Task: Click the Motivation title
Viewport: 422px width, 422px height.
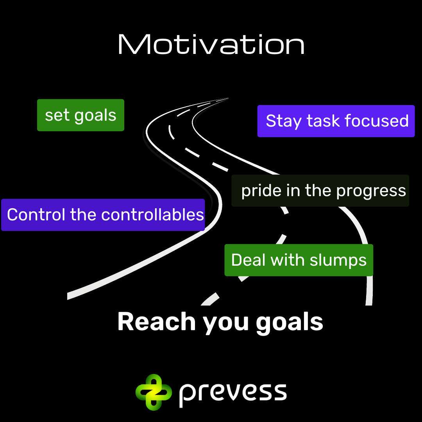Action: pos(211,44)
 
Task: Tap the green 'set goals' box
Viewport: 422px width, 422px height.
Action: pos(80,115)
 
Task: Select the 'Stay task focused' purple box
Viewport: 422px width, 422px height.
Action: pos(336,121)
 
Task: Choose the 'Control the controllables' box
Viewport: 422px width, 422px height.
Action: pos(103,215)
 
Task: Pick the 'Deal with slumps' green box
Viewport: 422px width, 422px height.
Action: pos(299,260)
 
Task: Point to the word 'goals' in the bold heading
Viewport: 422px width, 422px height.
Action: pos(290,323)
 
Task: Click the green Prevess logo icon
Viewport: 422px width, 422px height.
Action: pos(154,392)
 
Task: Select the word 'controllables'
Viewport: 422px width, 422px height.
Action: pos(152,215)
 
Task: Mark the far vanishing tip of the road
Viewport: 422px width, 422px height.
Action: pos(228,98)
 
